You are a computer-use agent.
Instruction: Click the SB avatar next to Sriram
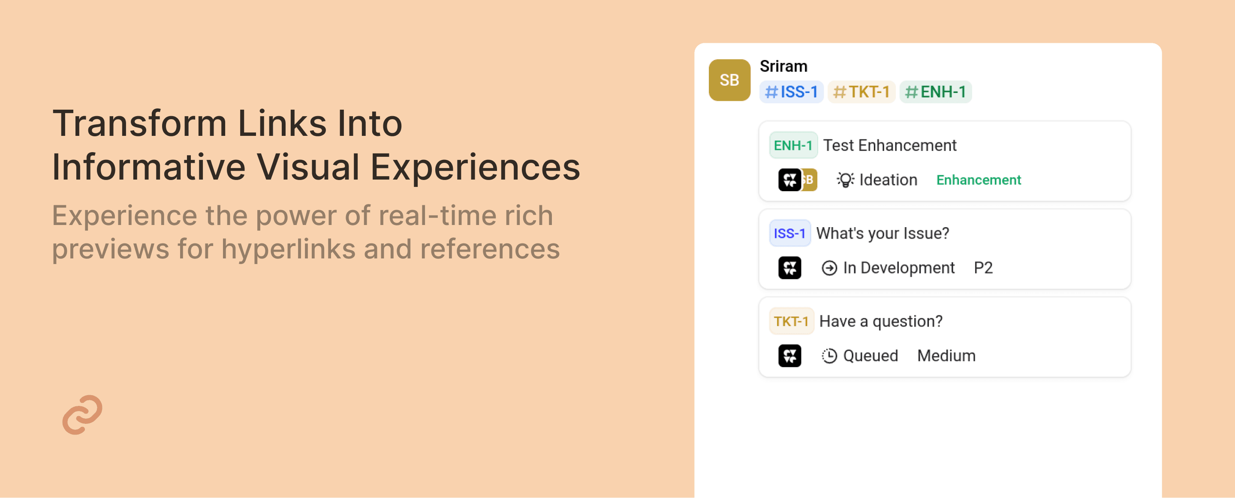(729, 80)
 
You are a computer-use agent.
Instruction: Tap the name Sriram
(783, 66)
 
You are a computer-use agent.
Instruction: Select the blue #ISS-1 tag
(791, 92)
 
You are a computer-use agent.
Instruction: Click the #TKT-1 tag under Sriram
(861, 92)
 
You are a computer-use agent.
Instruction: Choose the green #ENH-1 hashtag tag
(935, 92)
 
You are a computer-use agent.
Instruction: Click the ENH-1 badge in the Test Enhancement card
(793, 145)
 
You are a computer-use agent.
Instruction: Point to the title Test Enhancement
(890, 145)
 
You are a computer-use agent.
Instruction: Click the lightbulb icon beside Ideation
(845, 180)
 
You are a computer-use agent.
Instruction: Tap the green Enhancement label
(979, 180)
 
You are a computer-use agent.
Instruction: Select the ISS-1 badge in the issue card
(789, 234)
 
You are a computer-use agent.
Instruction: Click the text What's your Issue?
(883, 234)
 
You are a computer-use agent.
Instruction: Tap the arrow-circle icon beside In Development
(829, 268)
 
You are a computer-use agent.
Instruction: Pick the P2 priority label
(983, 268)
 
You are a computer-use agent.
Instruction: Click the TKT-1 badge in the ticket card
(791, 321)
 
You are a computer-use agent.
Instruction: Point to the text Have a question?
(881, 321)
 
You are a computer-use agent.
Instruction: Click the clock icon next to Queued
(829, 356)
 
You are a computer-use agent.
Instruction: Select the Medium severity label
(946, 356)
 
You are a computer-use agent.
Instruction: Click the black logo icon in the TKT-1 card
(789, 356)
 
